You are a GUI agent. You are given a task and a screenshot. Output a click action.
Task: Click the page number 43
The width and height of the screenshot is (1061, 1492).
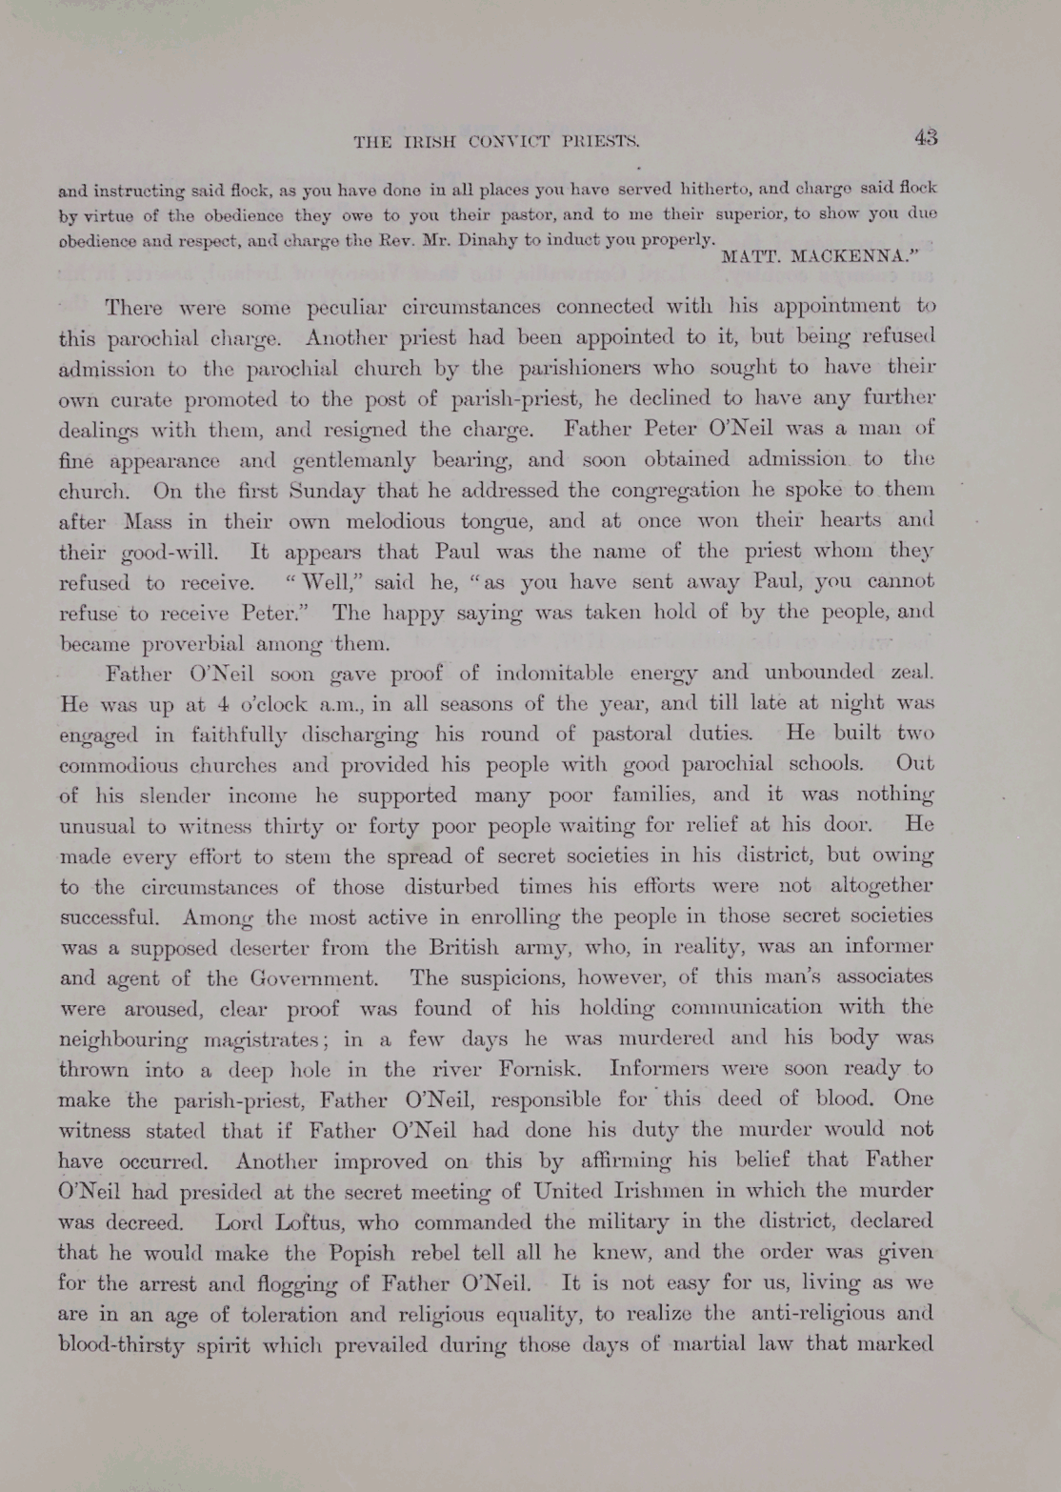(926, 137)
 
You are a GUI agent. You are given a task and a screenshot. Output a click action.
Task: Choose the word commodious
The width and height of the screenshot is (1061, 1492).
(169, 766)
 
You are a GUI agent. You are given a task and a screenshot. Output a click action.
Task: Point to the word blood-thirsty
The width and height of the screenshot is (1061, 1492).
(128, 1345)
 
